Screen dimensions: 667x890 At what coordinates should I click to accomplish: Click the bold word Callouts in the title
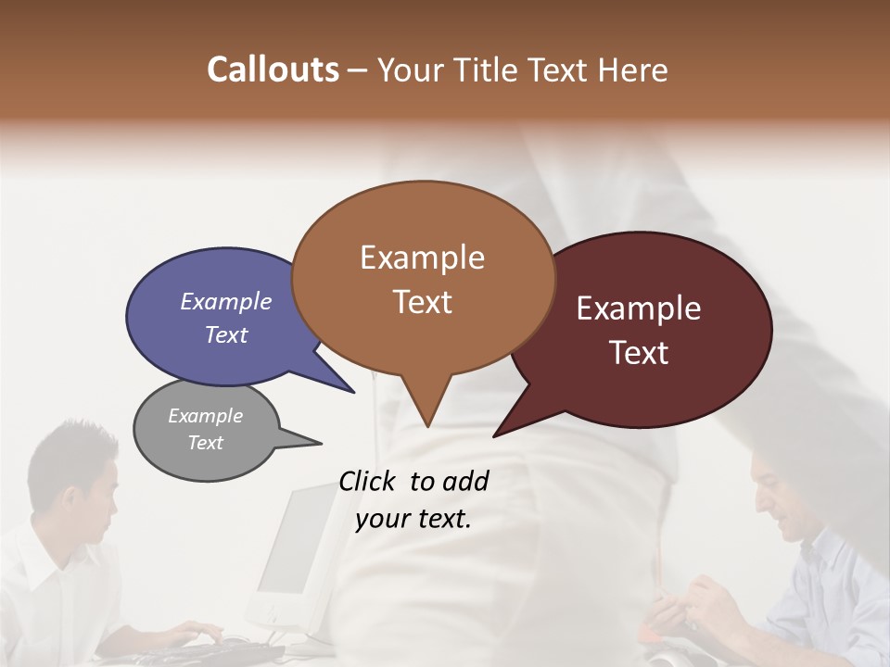tap(273, 69)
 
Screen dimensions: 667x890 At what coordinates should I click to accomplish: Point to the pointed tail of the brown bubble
tap(426, 422)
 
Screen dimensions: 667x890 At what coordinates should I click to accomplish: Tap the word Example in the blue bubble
tap(225, 301)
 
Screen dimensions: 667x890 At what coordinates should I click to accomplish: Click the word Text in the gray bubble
tap(205, 443)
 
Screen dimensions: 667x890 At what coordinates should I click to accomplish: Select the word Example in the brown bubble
tap(422, 257)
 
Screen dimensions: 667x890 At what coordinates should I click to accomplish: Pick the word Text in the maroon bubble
tap(639, 353)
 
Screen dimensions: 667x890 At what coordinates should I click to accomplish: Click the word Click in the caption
tap(368, 481)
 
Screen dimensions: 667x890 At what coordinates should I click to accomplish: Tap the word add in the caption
tap(466, 481)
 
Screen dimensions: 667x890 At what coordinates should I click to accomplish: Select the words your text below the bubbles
tap(413, 520)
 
